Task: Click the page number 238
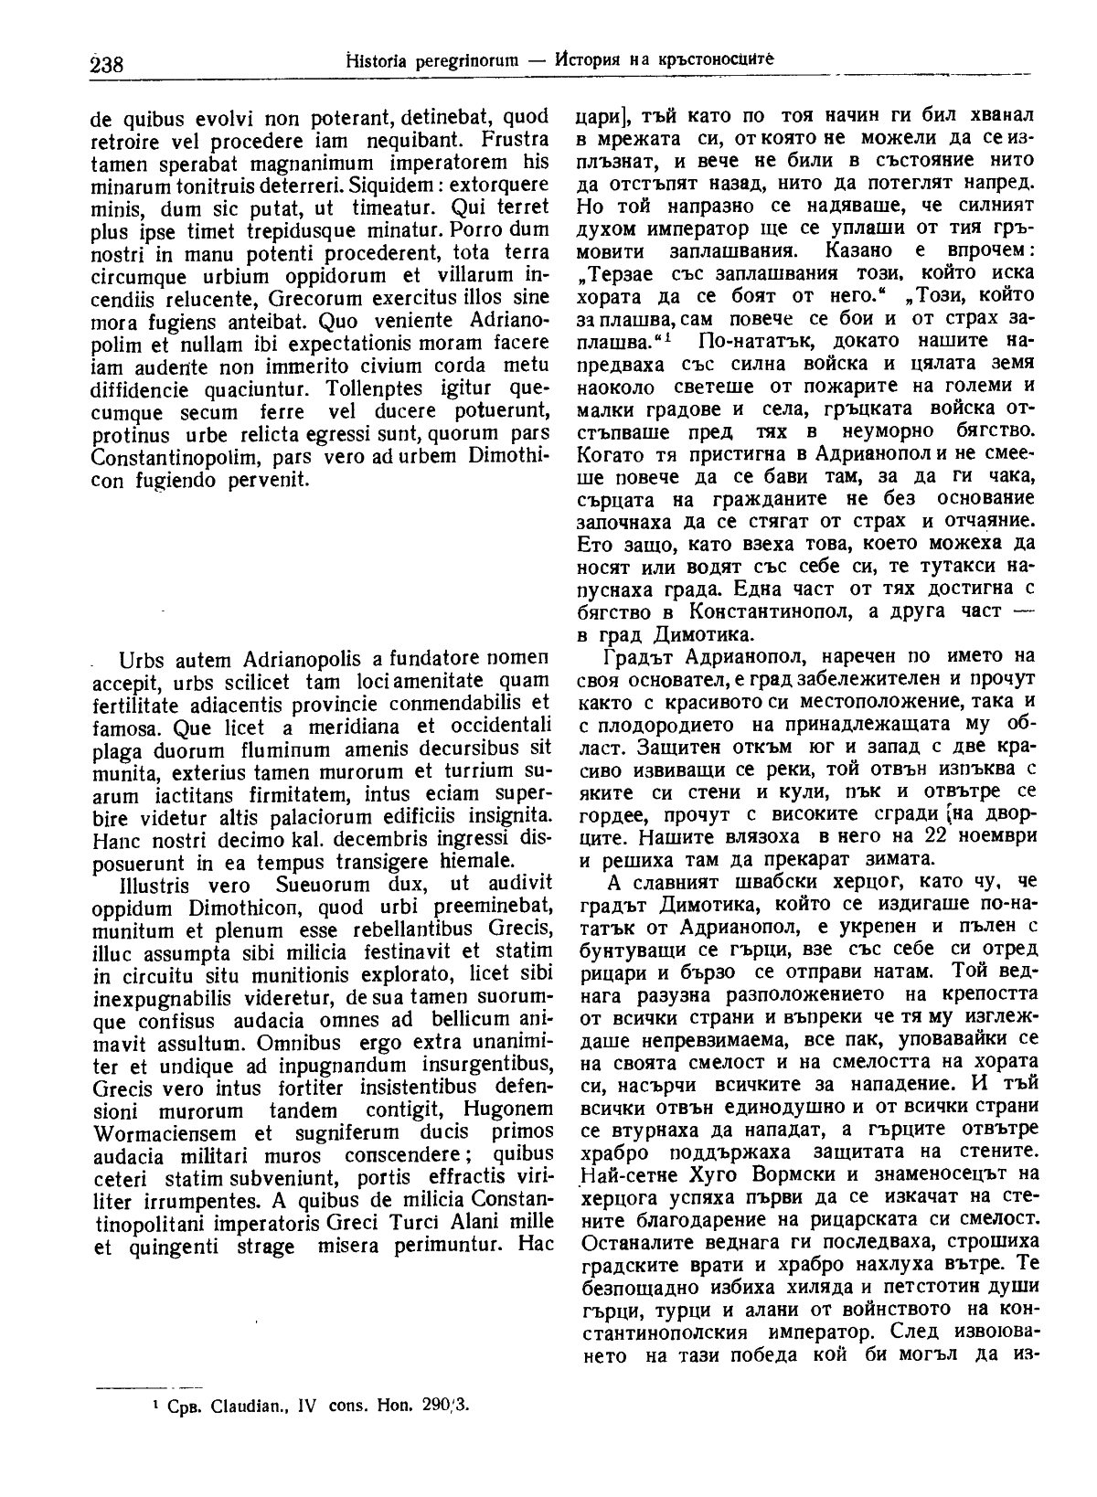tap(108, 64)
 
